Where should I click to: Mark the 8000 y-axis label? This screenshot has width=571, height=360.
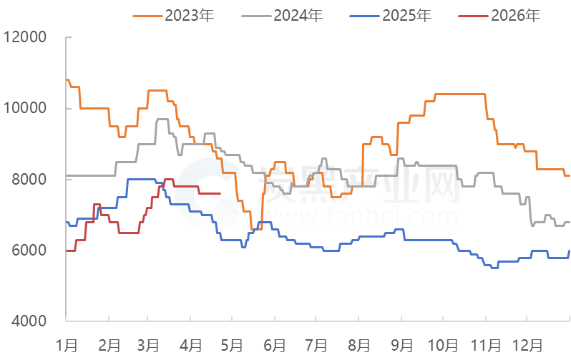(x=28, y=179)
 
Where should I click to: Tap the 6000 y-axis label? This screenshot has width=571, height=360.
(x=28, y=250)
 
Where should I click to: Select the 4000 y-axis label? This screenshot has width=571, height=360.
(x=28, y=321)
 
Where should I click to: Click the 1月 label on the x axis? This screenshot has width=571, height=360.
(x=67, y=345)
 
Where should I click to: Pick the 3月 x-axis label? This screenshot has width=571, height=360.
(x=148, y=345)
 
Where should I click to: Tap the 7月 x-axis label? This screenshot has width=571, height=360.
(x=317, y=345)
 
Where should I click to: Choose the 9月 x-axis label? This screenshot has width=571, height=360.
(x=403, y=345)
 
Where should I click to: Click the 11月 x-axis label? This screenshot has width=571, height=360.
(x=488, y=345)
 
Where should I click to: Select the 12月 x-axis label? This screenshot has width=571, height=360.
(x=530, y=345)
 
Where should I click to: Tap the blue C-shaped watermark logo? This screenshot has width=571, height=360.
(x=204, y=195)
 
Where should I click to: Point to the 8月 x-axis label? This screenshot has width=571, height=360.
(x=360, y=345)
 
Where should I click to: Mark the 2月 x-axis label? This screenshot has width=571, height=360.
(x=109, y=345)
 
